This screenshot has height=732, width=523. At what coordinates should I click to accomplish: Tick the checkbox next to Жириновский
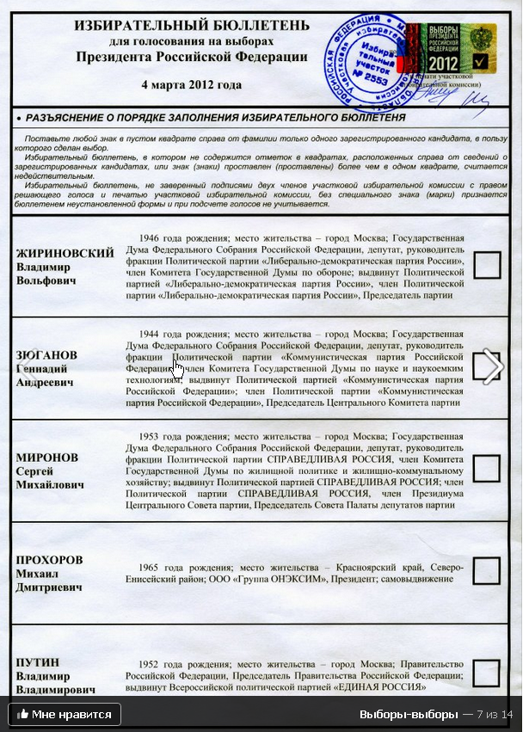(x=487, y=265)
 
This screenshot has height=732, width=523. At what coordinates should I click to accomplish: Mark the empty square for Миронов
(x=487, y=467)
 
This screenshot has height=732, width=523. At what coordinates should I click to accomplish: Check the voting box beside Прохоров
(x=487, y=569)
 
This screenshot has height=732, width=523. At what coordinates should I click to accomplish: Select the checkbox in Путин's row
(x=487, y=672)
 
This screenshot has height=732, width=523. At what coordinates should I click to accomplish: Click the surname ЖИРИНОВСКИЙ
(x=65, y=253)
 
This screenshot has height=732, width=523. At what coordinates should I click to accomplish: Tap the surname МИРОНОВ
(x=48, y=458)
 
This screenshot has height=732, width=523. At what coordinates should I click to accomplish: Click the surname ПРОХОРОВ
(x=50, y=560)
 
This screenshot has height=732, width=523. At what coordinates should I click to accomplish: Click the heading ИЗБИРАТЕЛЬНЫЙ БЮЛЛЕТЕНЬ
(x=192, y=26)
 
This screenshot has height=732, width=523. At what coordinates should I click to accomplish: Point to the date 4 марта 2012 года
(x=191, y=85)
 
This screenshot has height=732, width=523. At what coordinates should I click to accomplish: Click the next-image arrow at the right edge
(x=493, y=367)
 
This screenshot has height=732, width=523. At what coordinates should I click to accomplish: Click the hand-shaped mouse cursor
(x=178, y=369)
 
